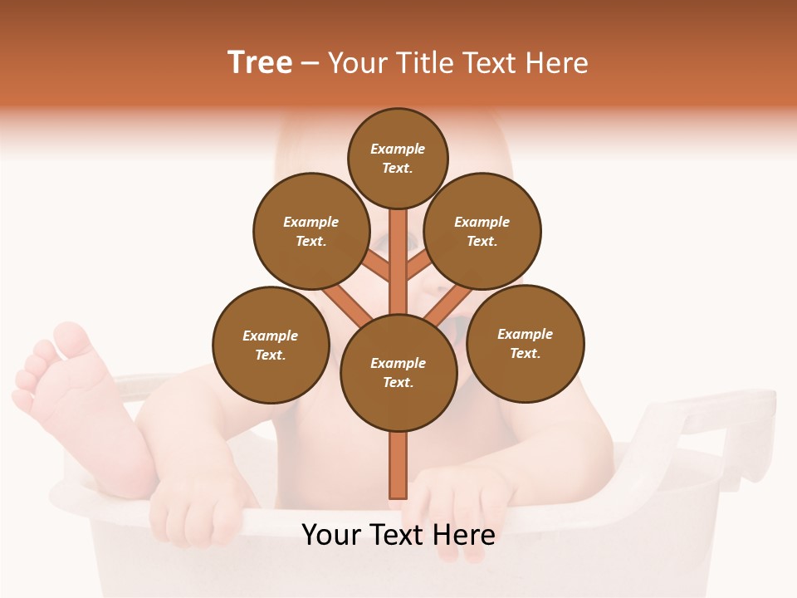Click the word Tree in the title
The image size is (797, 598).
(x=260, y=62)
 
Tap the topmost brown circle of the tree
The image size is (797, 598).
(x=398, y=158)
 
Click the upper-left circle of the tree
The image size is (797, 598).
(x=310, y=231)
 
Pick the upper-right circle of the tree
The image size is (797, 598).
(x=482, y=231)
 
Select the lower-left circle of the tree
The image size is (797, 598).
(x=271, y=345)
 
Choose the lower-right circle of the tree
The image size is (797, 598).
(x=526, y=343)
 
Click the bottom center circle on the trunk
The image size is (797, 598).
(x=398, y=373)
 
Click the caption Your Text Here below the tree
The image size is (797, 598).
(x=398, y=534)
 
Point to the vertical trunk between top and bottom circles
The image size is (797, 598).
(x=398, y=257)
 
